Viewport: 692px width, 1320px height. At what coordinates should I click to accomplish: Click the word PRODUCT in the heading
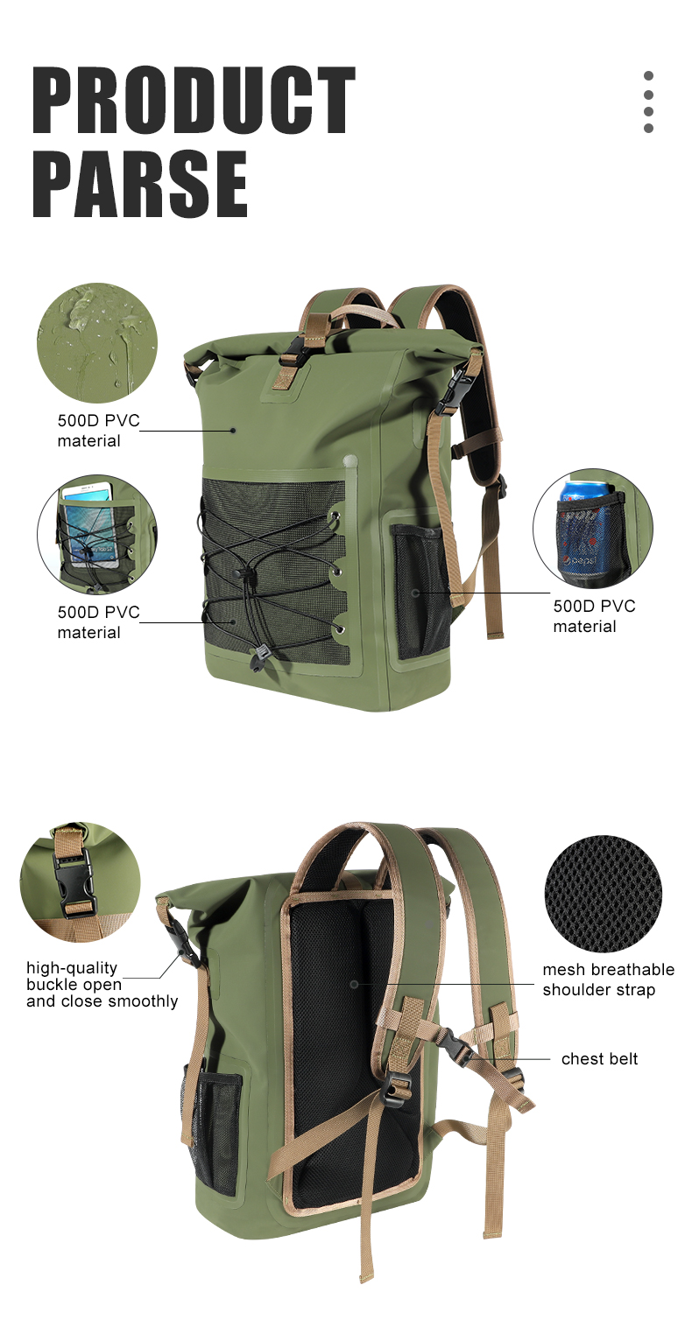194,100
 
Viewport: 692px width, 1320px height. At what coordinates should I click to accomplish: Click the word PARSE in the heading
140,184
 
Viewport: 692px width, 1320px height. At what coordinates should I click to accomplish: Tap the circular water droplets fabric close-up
97,343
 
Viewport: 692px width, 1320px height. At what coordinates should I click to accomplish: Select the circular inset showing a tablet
97,535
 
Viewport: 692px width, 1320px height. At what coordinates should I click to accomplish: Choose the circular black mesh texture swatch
604,894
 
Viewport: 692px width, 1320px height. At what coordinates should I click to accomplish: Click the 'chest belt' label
599,1058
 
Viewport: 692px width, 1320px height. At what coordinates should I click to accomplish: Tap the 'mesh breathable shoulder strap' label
608,979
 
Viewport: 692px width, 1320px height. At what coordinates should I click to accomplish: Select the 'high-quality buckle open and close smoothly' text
102,984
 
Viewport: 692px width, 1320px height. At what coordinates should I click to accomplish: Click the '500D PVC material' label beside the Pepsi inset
594,616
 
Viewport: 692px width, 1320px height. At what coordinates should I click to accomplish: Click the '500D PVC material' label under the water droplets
98,430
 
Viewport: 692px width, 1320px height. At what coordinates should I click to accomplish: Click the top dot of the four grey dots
648,76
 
